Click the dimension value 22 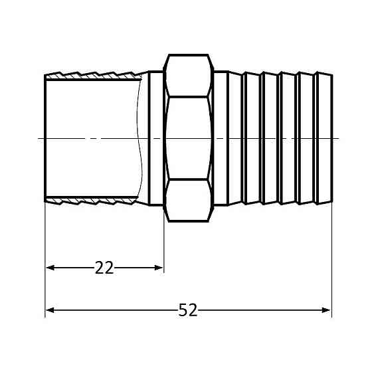[104, 268]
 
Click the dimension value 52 [188, 310]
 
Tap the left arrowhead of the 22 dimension [50, 268]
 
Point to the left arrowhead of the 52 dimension [50, 310]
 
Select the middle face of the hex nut [189, 138]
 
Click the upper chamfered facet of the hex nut [189, 76]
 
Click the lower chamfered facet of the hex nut [189, 200]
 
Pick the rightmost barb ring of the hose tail [324, 138]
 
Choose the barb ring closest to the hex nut [236, 138]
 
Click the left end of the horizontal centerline [40, 138]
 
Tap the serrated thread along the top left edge [93, 75]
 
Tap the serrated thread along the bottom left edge [93, 201]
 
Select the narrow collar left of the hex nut [155, 138]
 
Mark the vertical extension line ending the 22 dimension [163, 246]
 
